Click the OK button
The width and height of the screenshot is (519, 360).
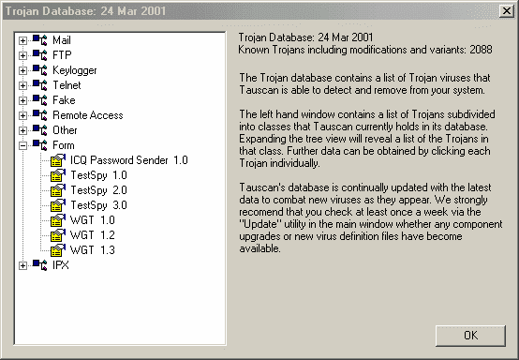point(470,336)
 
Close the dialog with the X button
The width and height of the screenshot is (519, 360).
point(507,11)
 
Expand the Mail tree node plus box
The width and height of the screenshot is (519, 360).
point(22,40)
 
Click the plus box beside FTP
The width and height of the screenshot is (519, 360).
point(22,55)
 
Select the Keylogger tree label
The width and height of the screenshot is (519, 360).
point(75,70)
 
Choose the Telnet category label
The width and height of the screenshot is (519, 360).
point(67,85)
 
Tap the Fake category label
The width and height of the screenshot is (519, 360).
point(64,100)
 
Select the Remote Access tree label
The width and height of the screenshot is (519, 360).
point(88,115)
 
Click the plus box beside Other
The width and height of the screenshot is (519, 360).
point(22,130)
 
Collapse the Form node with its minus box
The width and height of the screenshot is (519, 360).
point(22,145)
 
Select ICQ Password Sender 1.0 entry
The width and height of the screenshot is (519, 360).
point(129,160)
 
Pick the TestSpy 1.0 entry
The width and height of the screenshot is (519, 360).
point(98,175)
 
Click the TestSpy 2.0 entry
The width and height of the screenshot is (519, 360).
point(98,190)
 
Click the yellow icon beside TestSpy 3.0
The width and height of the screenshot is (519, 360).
point(57,205)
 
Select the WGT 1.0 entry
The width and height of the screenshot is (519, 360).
point(93,220)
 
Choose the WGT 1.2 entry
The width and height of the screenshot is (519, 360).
point(93,235)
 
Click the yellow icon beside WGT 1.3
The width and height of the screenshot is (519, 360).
point(57,250)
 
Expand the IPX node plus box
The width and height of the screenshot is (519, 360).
point(22,265)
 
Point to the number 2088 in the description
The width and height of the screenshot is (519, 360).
point(481,50)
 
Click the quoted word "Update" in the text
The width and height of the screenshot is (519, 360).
point(260,224)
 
